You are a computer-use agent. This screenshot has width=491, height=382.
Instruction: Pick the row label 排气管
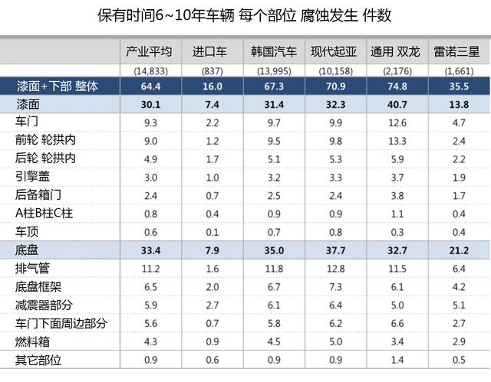coord(32,269)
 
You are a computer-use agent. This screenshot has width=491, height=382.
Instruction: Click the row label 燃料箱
coord(32,342)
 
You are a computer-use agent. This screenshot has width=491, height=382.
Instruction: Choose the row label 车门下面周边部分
coord(59,324)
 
